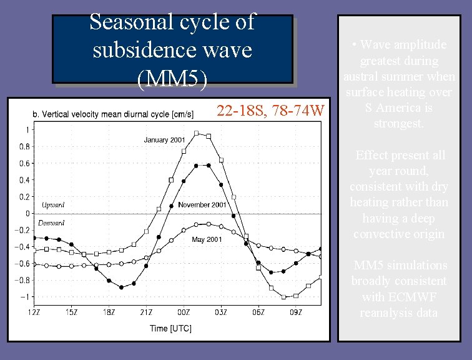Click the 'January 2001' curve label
tap(165, 140)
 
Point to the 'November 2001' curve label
tap(202, 205)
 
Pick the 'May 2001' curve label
tap(207, 240)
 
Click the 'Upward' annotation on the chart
tap(53, 205)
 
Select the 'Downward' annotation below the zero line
tap(51, 223)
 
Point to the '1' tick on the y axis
tap(26, 130)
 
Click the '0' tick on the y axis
tap(26, 213)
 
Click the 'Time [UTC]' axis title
tap(170, 328)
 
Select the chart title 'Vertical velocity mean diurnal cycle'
tap(112, 114)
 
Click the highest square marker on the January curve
tap(196, 133)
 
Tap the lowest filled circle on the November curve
tap(121, 287)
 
